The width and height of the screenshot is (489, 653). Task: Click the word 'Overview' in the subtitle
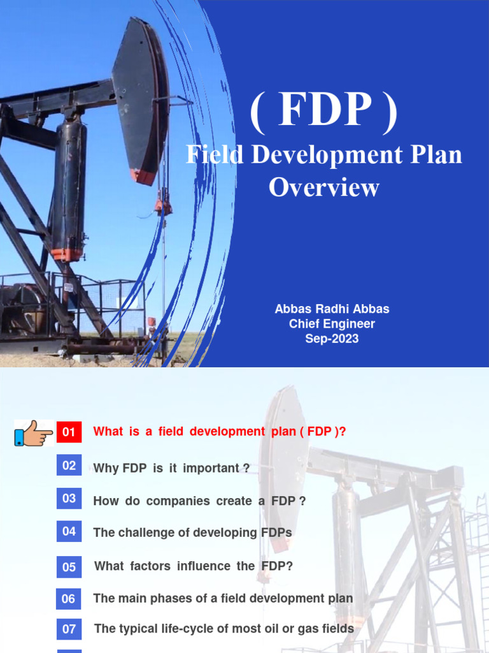pyautogui.click(x=324, y=187)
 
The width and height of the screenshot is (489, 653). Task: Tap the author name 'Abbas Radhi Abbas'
pyautogui.click(x=332, y=309)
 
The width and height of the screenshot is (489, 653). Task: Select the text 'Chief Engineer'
pyautogui.click(x=332, y=324)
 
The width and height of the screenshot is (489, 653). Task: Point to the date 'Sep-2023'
pyautogui.click(x=332, y=339)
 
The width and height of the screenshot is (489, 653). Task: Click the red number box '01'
pyautogui.click(x=69, y=432)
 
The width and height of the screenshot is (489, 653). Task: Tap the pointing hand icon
pyautogui.click(x=33, y=433)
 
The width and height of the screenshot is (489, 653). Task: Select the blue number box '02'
pyautogui.click(x=69, y=466)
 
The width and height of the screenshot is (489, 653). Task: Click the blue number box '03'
pyautogui.click(x=69, y=499)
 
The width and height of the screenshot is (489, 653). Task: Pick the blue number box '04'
pyautogui.click(x=69, y=531)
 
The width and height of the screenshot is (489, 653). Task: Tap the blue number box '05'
pyautogui.click(x=69, y=567)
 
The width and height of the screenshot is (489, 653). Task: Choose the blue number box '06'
pyautogui.click(x=69, y=599)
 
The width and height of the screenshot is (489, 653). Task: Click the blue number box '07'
pyautogui.click(x=69, y=629)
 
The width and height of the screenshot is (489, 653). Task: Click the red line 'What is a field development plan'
pyautogui.click(x=220, y=432)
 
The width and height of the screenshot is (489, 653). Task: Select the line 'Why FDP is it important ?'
pyautogui.click(x=171, y=468)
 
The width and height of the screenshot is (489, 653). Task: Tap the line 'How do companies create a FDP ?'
pyautogui.click(x=199, y=501)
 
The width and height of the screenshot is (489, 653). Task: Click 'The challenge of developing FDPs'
pyautogui.click(x=192, y=532)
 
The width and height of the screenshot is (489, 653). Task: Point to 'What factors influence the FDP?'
pyautogui.click(x=194, y=566)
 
